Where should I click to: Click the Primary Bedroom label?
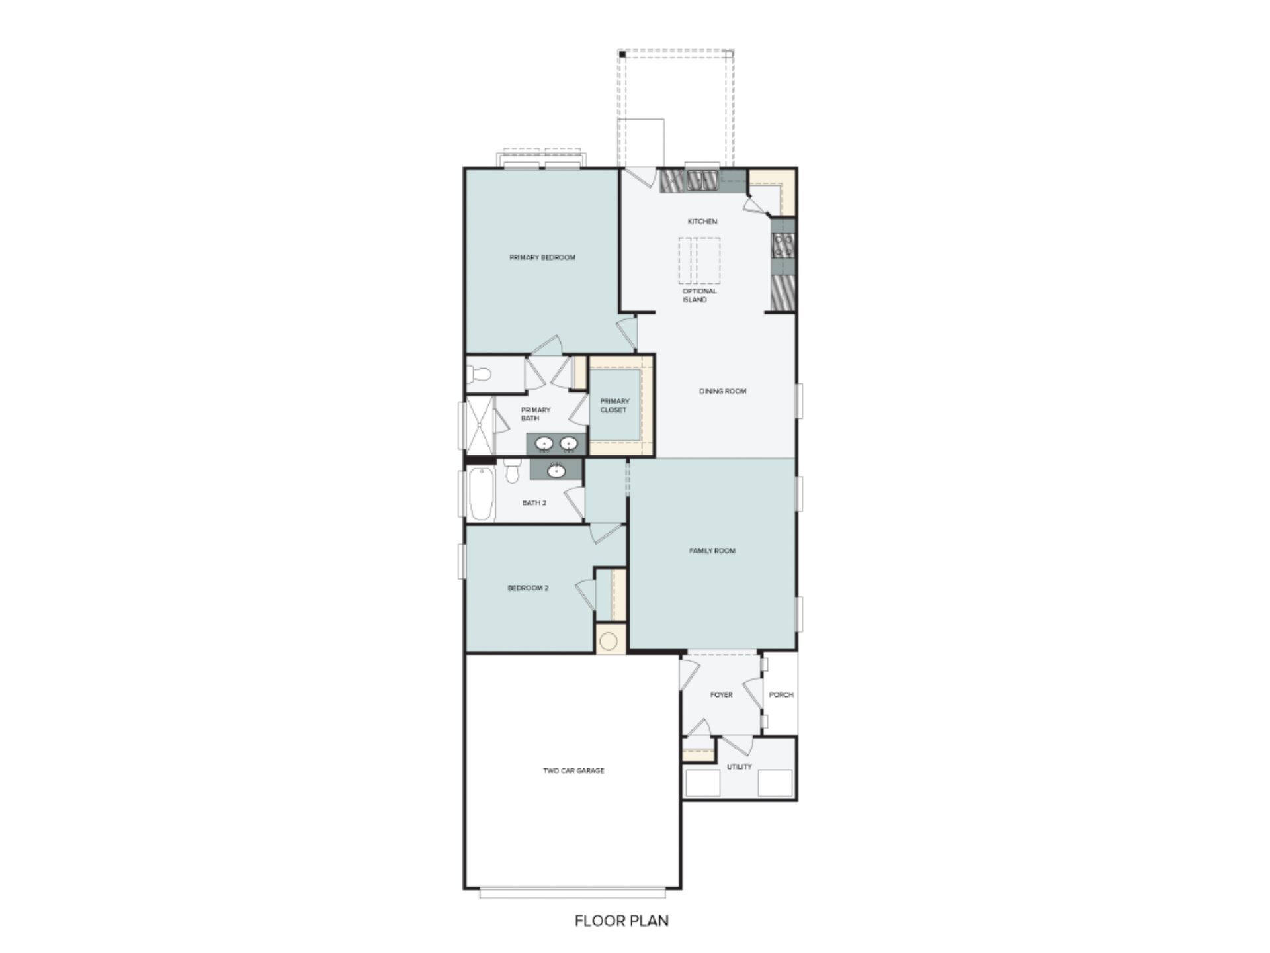coord(542,257)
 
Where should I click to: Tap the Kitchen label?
coord(702,222)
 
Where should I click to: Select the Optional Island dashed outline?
coord(698,260)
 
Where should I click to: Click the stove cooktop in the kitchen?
coord(783,245)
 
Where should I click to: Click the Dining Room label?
coord(722,391)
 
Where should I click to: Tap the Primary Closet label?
coord(614,406)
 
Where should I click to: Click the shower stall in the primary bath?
coord(480,426)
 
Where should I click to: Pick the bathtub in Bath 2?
coord(482,494)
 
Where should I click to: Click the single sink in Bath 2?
coord(556,471)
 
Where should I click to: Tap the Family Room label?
coord(712,551)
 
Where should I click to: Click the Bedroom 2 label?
coord(528,588)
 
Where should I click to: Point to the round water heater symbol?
coord(609,641)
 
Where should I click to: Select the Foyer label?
coord(721,695)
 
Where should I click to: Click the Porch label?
coord(781,695)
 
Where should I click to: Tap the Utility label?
coord(739,766)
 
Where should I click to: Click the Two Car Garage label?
coord(573,770)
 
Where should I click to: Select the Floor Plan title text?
coord(621,921)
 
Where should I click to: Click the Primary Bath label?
coord(535,414)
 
